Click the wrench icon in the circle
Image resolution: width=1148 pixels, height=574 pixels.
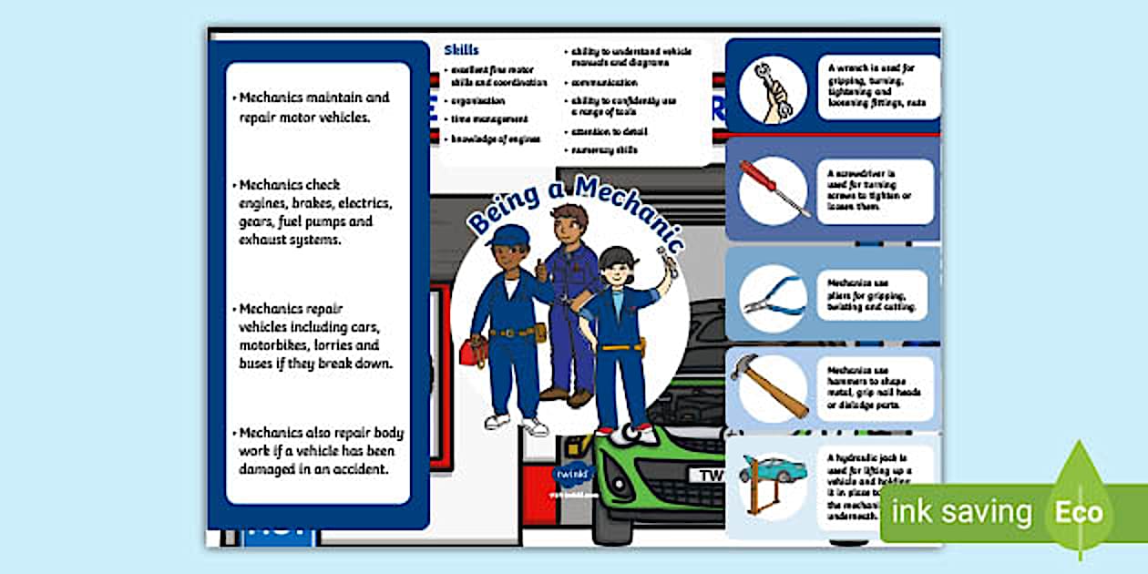tap(773, 89)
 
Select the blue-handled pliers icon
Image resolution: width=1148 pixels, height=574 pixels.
tap(773, 298)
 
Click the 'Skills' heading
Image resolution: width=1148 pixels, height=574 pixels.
tap(461, 50)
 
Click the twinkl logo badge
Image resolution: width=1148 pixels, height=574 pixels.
tap(573, 475)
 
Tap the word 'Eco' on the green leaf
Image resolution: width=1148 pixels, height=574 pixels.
tap(1079, 511)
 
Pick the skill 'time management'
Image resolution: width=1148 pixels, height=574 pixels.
tap(489, 119)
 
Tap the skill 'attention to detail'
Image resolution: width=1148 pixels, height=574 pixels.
tap(609, 131)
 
